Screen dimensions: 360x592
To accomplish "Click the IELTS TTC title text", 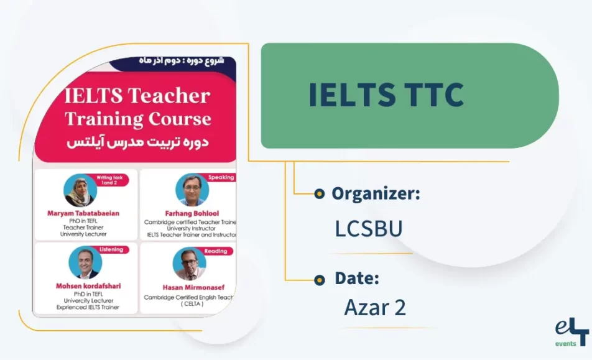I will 386,95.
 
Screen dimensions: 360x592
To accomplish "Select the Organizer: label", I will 376,193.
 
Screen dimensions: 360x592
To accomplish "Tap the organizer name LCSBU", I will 369,229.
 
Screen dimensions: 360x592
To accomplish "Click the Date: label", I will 356,279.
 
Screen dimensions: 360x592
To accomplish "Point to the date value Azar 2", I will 375,307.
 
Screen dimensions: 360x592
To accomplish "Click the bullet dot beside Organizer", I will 320,193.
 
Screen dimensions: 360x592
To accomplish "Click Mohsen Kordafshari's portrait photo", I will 85,263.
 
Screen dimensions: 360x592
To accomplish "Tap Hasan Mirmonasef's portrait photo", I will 189,264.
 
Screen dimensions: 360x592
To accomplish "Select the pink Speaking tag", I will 221,177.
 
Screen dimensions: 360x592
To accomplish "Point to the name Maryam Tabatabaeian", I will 83,213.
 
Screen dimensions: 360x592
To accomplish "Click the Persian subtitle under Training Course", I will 137,142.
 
